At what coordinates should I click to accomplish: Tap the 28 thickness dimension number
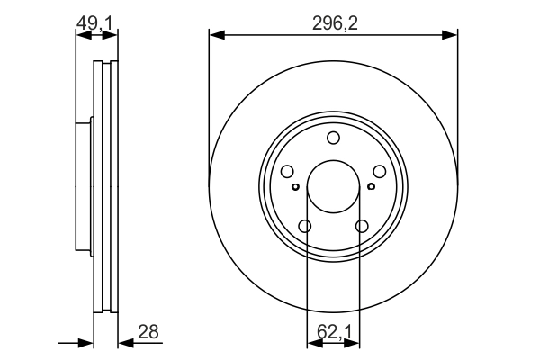click(148, 331)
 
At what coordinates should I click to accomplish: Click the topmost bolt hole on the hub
click(333, 138)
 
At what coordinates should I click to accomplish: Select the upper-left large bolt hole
click(287, 172)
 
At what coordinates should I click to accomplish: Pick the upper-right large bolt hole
click(379, 172)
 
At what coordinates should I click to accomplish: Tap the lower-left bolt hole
click(305, 227)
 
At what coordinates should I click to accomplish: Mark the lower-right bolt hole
click(362, 227)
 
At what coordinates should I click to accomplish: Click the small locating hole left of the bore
click(295, 187)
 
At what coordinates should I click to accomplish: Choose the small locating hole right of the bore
click(371, 187)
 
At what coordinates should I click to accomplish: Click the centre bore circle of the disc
click(333, 187)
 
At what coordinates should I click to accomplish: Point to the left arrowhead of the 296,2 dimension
click(214, 36)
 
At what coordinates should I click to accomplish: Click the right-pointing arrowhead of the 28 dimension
click(88, 343)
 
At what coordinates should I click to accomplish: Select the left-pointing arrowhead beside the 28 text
click(123, 343)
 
